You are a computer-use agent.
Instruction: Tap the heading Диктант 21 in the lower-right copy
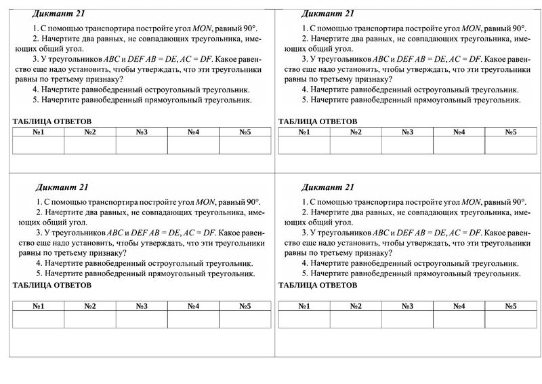[x=328, y=187]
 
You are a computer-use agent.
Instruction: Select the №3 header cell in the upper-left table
[x=142, y=132]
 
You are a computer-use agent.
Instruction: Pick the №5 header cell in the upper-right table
[x=510, y=132]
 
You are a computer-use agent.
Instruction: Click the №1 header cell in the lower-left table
[x=38, y=306]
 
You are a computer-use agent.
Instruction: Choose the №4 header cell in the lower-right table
[x=459, y=306]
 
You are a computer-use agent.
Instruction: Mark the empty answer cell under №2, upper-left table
[x=90, y=145]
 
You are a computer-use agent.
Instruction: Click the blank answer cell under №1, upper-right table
[x=304, y=145]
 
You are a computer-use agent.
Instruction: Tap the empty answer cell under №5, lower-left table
[x=245, y=320]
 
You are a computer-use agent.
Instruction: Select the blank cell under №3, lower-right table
[x=407, y=320]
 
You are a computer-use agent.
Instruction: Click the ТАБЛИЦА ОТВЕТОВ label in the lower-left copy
[x=52, y=285]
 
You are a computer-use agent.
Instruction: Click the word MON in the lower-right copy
[x=471, y=202]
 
